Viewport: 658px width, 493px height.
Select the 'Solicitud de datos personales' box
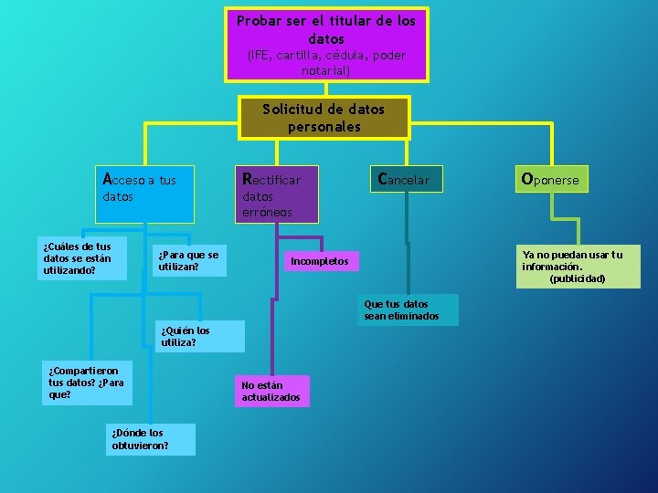(324, 118)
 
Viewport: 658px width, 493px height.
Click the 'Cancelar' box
(405, 179)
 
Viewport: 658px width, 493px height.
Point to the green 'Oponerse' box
(549, 180)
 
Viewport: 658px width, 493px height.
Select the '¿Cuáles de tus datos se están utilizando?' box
(83, 258)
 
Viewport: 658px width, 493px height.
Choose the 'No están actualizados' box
(272, 391)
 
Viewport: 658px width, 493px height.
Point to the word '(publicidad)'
(577, 279)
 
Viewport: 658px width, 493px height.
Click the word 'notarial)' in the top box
(325, 70)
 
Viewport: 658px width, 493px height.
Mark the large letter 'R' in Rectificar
(246, 178)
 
